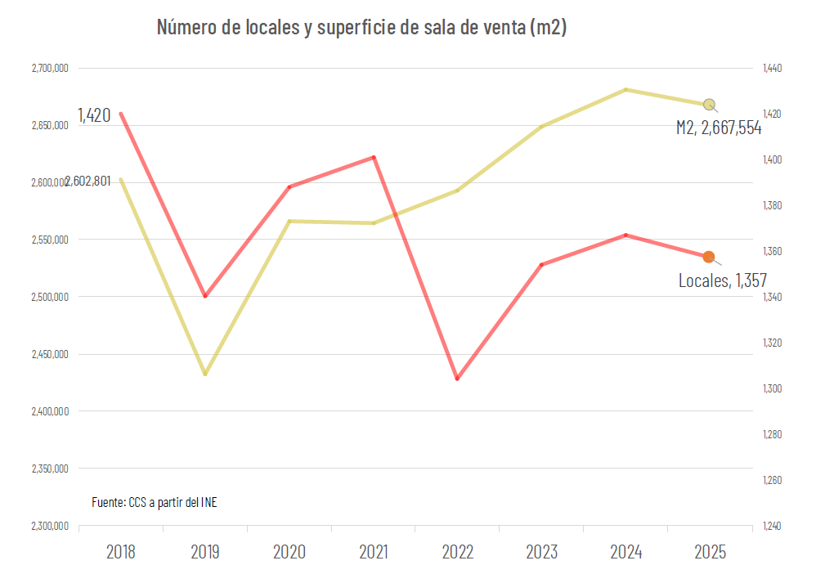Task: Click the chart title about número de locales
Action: click(x=361, y=28)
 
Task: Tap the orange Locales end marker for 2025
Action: click(x=709, y=257)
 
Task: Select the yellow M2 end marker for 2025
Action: click(x=709, y=104)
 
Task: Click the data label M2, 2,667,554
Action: click(x=719, y=128)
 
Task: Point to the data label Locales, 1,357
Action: click(x=723, y=280)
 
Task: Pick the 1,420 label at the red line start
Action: click(x=94, y=115)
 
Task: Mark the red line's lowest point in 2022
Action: click(x=457, y=379)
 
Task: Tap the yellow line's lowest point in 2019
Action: click(x=205, y=374)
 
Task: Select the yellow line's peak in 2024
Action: click(x=625, y=89)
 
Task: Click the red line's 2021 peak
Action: click(x=374, y=157)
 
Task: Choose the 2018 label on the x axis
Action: click(x=121, y=552)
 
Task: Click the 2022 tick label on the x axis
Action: click(x=457, y=552)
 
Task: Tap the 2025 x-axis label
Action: click(x=710, y=552)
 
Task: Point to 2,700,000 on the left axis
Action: click(x=51, y=69)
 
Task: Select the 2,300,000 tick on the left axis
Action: click(x=51, y=526)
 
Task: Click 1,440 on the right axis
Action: click(x=772, y=69)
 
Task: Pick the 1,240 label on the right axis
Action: click(x=772, y=526)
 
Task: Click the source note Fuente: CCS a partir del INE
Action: click(x=155, y=502)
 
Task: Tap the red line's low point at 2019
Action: click(x=205, y=296)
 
